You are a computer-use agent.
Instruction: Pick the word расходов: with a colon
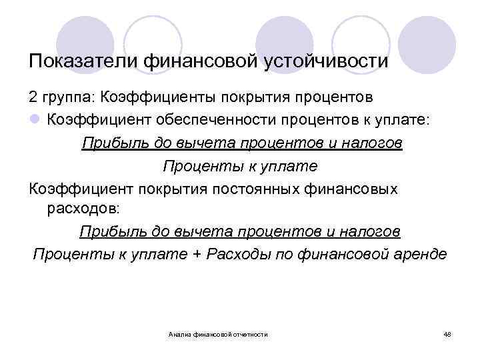[x=83, y=209]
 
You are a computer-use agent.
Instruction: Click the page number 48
[x=447, y=333]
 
